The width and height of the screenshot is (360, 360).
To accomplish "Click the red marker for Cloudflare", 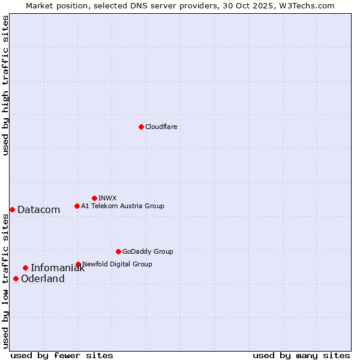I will [141, 127].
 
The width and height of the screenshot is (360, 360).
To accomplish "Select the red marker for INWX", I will [94, 198].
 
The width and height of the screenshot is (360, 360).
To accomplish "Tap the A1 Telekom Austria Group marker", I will [77, 206].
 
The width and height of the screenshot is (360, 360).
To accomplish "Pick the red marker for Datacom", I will [12, 209].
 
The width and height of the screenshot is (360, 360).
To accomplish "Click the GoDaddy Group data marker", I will [118, 251].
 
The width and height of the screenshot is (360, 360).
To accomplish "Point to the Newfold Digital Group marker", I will [78, 264].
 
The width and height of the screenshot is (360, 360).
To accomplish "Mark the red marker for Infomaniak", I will [25, 268].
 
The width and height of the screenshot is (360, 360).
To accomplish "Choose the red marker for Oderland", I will [16, 278].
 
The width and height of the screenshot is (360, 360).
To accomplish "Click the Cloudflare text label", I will [161, 127].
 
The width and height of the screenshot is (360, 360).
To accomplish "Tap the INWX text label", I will [107, 198].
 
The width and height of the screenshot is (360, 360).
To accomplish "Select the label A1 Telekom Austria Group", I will [122, 206].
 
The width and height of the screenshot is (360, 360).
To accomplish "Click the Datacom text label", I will [39, 209].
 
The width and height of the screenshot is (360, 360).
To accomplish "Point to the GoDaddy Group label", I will [148, 251].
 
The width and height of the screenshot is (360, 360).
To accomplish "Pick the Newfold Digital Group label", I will [117, 264].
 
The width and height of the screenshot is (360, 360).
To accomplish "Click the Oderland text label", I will [43, 278].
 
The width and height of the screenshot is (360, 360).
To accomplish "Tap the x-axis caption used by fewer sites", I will [62, 355].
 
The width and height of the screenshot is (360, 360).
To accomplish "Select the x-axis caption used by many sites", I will [301, 355].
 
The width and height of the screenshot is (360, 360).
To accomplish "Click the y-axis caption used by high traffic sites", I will [5, 85].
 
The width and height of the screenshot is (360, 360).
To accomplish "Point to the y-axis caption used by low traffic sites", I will [5, 281].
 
